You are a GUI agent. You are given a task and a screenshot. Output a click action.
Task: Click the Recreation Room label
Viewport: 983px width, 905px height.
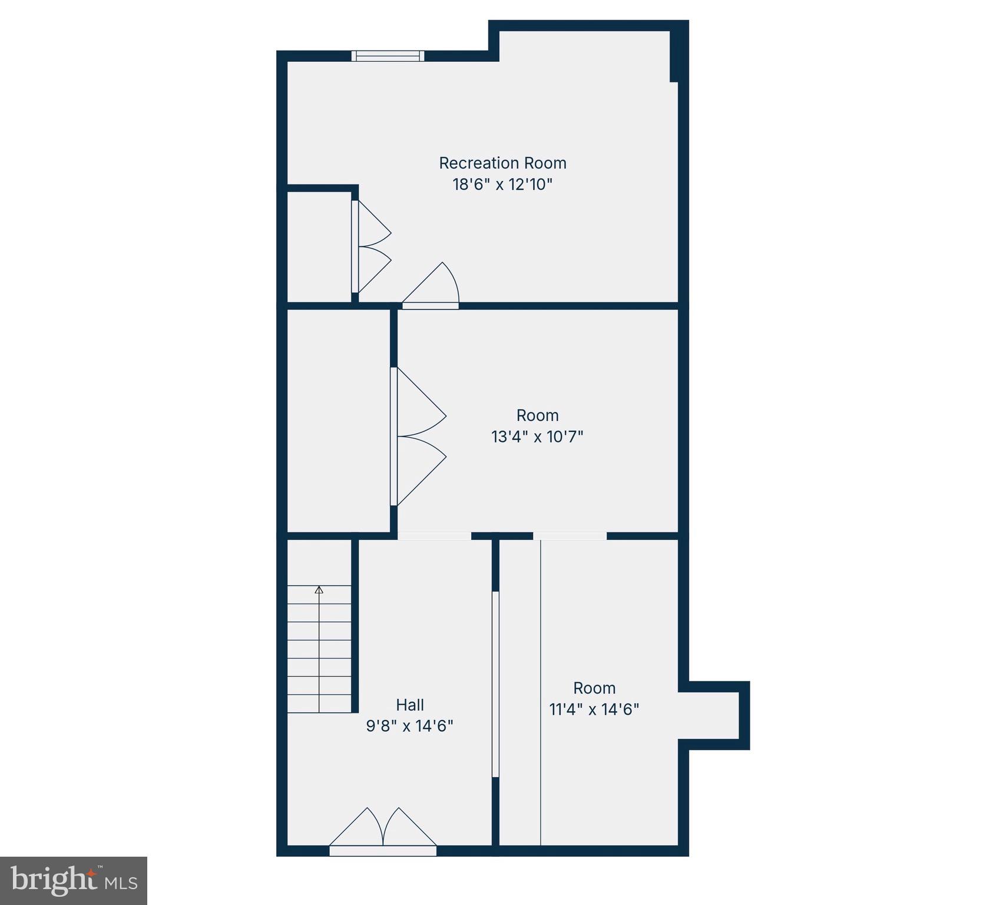coord(502,163)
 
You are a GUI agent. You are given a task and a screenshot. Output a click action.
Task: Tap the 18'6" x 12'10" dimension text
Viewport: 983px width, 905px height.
coord(502,184)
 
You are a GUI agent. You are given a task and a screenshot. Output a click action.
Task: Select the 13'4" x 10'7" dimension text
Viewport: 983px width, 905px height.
coord(537,437)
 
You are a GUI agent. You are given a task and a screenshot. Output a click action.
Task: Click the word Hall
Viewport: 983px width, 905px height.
coord(410,705)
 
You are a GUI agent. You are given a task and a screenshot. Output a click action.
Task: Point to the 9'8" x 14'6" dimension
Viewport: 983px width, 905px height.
coord(409,726)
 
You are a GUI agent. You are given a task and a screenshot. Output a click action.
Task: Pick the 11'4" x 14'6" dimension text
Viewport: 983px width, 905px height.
coord(594,709)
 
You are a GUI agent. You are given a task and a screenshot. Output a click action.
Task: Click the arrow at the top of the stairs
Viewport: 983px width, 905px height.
coord(319,589)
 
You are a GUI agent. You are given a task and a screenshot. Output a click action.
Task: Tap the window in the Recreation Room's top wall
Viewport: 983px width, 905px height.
coord(388,56)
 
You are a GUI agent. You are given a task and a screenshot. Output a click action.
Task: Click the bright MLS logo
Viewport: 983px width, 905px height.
coord(74,881)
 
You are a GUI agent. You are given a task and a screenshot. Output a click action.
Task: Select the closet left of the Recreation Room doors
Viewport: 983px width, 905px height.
coord(319,246)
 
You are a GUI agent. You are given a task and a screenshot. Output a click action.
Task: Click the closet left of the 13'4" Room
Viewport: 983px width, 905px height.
coord(338,420)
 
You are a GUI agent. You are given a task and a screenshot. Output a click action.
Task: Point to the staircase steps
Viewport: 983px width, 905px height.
coord(319,648)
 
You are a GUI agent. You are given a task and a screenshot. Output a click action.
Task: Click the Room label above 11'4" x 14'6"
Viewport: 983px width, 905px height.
coord(594,688)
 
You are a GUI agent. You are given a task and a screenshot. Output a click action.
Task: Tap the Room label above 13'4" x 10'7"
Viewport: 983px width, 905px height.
coord(537,415)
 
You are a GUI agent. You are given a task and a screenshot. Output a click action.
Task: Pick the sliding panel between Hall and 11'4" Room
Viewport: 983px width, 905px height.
coord(495,683)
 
